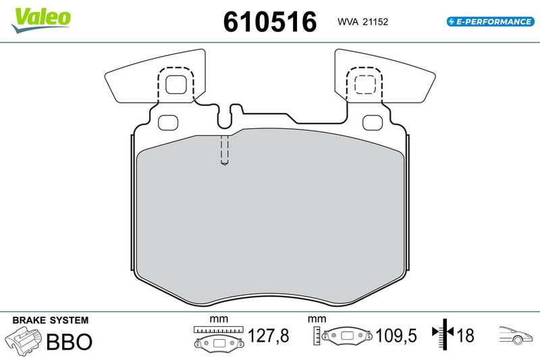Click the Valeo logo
[40, 20]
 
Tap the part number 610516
[270, 22]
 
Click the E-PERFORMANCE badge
[491, 22]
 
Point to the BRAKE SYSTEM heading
[51, 320]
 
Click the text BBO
[70, 341]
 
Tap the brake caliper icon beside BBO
[23, 339]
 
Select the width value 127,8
[268, 336]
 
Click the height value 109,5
[396, 336]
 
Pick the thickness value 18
[465, 336]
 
